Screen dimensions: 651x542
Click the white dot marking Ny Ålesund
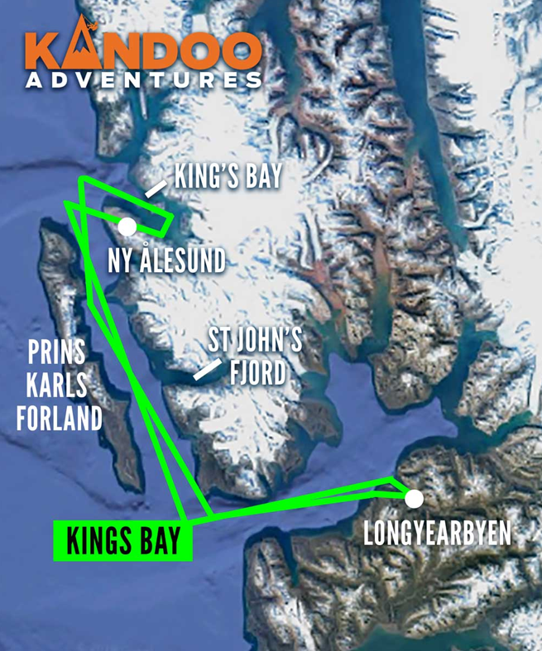click(x=127, y=226)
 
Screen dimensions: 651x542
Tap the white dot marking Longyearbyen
click(x=414, y=498)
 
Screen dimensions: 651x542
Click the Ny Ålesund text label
click(x=166, y=261)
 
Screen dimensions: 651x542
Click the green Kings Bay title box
click(x=122, y=541)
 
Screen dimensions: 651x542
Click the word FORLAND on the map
click(x=59, y=418)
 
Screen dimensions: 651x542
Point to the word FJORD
click(x=257, y=372)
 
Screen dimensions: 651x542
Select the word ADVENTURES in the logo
click(x=143, y=81)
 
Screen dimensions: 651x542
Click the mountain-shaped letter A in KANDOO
click(x=80, y=49)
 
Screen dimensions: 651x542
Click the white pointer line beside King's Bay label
click(x=154, y=189)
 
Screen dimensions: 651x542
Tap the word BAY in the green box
click(x=156, y=541)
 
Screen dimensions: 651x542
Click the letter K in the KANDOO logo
click(x=42, y=51)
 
